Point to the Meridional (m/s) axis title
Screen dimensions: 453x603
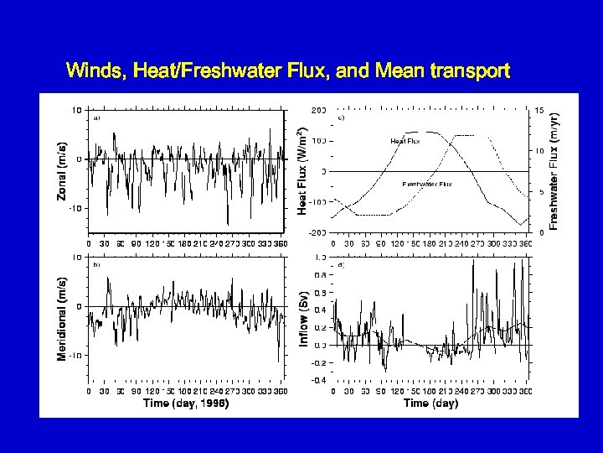tap(63, 320)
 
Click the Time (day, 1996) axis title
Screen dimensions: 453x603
tap(186, 403)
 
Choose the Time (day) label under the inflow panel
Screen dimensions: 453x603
tap(430, 403)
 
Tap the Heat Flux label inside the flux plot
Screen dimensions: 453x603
tap(405, 141)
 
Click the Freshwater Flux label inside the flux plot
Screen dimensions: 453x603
tap(426, 184)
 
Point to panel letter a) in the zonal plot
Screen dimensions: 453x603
tap(97, 118)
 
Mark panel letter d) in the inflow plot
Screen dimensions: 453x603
tap(340, 265)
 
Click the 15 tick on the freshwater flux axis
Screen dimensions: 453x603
tap(540, 110)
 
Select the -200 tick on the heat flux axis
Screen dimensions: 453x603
tap(318, 232)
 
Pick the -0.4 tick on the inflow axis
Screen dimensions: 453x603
tap(318, 380)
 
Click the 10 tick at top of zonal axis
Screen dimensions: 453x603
tap(75, 110)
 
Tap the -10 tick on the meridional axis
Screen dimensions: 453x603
tap(74, 356)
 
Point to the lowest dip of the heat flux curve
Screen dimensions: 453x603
tap(523, 225)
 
